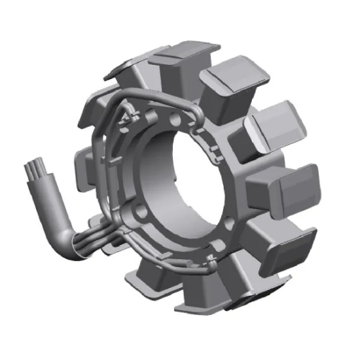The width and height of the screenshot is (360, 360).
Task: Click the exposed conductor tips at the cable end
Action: tap(33, 171)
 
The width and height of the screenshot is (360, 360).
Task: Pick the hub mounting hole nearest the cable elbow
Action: tap(139, 213)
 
